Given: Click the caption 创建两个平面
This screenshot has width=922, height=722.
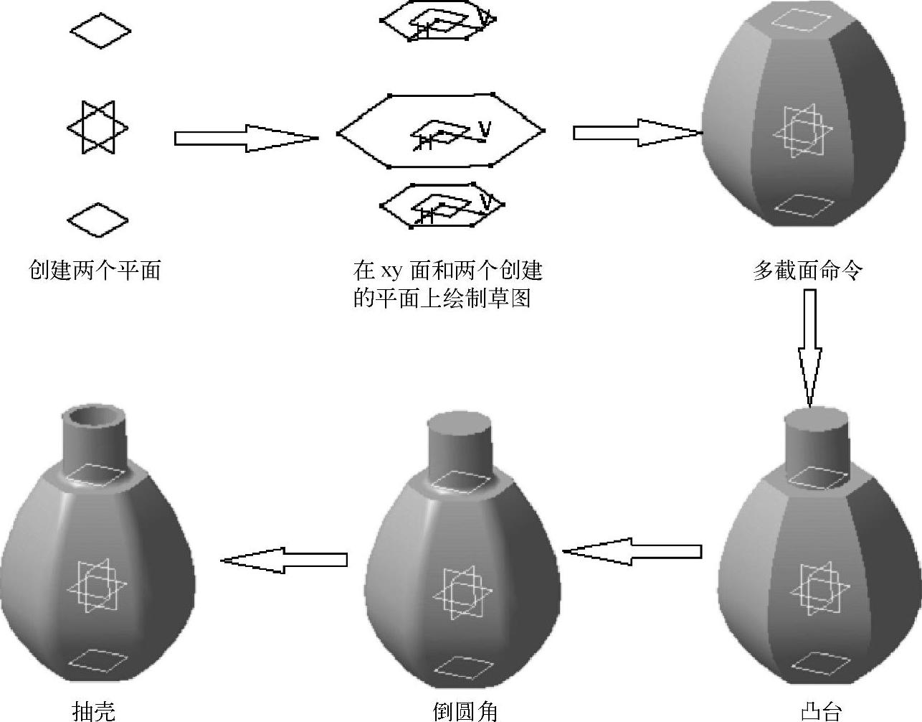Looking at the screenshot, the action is [94, 271].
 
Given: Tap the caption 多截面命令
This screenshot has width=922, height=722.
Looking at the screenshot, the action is [807, 271].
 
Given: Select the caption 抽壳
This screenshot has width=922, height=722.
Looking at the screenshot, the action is [94, 711].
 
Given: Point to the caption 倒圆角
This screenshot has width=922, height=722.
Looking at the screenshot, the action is [465, 711].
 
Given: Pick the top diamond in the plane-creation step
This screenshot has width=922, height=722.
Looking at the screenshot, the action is [100, 31].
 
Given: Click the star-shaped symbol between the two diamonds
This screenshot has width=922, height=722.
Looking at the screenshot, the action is [98, 128].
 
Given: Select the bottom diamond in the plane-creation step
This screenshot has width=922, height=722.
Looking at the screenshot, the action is [98, 219].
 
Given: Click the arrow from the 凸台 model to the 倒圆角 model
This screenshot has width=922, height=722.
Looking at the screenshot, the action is [632, 551].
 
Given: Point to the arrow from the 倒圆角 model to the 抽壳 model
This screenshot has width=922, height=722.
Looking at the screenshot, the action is [284, 560].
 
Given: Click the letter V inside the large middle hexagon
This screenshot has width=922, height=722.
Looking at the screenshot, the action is [485, 128].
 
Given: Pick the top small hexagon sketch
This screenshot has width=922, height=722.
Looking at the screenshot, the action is [437, 22].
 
